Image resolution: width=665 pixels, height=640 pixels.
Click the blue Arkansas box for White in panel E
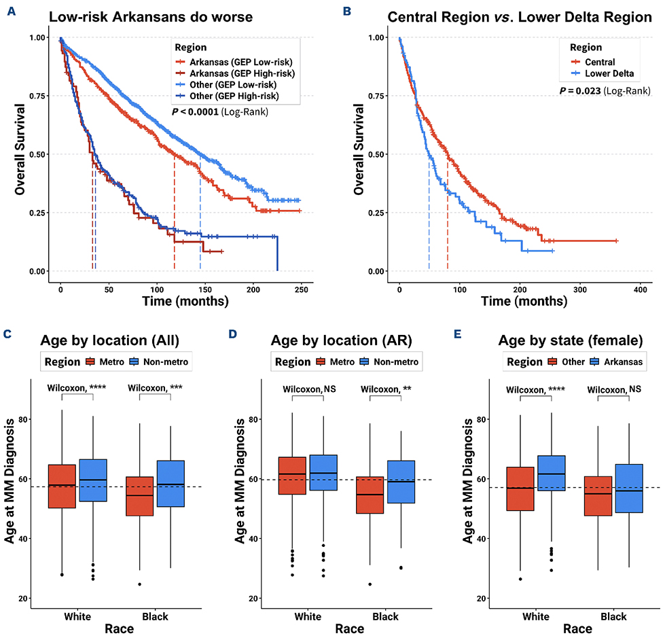tap(550, 474)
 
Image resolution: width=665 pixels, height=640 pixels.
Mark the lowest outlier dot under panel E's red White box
tap(520, 579)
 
